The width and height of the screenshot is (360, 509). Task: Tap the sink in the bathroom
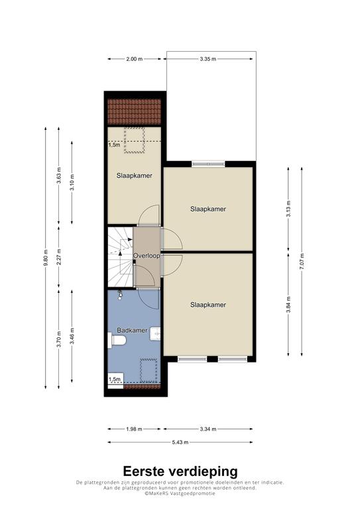155,333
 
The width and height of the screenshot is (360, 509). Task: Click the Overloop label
147,256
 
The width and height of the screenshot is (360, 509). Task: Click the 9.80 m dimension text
46,258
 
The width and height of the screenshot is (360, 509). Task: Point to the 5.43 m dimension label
180,442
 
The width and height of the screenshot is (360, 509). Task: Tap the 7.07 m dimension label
302,261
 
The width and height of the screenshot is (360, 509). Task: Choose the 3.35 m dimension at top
208,59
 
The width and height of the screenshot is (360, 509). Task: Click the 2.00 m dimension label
134,59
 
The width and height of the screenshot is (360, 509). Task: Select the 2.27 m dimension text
59,256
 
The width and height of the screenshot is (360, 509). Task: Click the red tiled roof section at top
135,111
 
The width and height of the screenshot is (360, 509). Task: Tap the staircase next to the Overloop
121,257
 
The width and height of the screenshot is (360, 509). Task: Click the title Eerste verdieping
180,471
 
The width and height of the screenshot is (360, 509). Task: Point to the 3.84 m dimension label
288,305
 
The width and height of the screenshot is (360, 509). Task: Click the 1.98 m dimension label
134,429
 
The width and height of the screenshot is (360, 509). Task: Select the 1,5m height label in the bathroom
115,379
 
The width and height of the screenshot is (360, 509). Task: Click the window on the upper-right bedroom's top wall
208,164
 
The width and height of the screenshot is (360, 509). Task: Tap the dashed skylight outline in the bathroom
149,370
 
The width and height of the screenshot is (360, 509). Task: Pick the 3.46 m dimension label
72,336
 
